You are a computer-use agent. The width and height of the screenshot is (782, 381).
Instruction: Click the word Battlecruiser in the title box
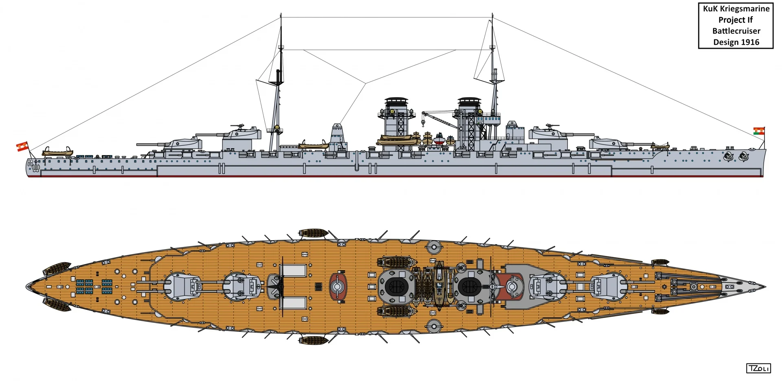(736, 31)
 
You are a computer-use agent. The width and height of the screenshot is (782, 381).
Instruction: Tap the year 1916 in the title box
(749, 42)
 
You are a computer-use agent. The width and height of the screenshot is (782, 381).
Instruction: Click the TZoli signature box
(758, 368)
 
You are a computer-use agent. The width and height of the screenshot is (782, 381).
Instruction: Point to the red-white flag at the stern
(22, 146)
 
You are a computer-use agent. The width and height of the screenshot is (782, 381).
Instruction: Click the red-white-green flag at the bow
(759, 131)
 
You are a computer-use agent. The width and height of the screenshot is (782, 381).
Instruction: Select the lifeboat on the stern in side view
(57, 153)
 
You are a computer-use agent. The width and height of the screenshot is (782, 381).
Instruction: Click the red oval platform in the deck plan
(337, 287)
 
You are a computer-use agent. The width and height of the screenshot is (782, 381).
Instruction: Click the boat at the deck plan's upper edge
(313, 233)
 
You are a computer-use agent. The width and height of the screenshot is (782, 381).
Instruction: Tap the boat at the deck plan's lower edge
(313, 340)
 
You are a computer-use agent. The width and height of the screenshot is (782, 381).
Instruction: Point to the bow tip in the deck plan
(765, 287)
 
